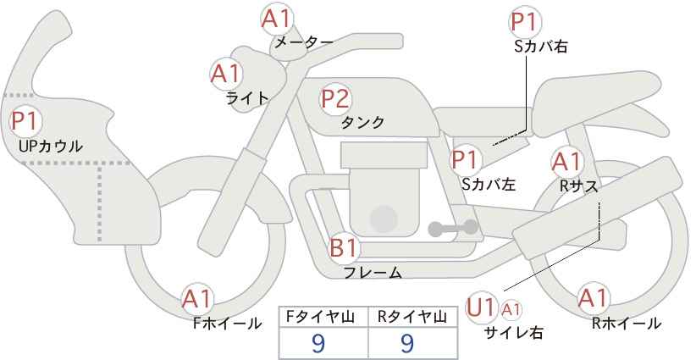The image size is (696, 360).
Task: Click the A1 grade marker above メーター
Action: [276, 19]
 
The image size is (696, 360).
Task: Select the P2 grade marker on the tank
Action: [335, 98]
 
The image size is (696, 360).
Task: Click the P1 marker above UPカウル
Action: [25, 121]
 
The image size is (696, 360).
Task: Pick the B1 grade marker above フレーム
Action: [344, 247]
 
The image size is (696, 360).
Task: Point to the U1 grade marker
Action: [481, 307]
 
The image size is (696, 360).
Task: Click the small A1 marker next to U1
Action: [511, 309]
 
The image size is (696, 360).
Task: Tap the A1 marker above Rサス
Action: [566, 163]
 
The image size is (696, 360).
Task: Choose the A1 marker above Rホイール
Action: [593, 297]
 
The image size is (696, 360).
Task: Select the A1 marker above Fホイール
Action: [197, 299]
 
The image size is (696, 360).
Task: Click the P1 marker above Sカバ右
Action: [526, 22]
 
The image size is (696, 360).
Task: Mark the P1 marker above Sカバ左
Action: [465, 159]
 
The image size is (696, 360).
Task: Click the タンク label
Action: [362, 122]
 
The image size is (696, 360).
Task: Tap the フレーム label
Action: [373, 272]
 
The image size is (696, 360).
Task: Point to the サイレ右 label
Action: [514, 331]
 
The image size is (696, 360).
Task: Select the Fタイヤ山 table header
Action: [323, 317]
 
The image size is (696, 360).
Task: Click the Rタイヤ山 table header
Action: [412, 317]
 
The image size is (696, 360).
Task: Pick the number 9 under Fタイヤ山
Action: [318, 343]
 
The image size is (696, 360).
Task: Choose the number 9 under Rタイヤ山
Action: [406, 343]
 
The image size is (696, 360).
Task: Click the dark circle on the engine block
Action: [384, 219]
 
